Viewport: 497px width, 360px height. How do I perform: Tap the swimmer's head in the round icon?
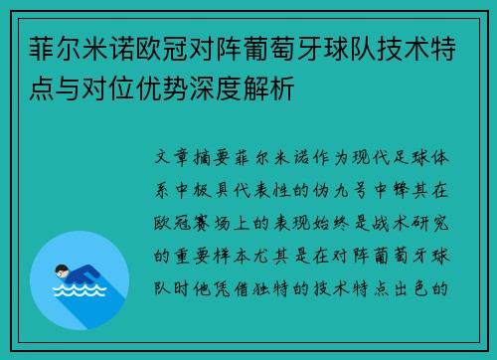[61, 269]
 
